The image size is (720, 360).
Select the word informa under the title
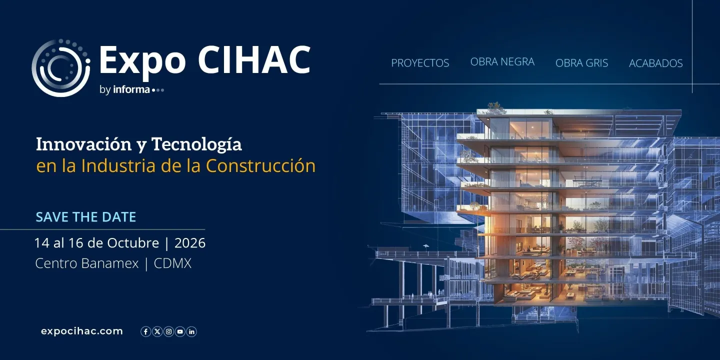[131, 90]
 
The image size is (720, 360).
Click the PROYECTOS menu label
[420, 63]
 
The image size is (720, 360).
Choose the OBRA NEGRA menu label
[502, 62]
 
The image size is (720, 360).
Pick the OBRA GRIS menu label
[581, 63]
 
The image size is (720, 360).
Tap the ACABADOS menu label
[655, 63]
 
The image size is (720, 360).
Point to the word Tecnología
[196, 144]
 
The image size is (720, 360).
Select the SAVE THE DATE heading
[85, 217]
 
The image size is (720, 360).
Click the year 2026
[190, 243]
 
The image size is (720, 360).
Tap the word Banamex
[108, 263]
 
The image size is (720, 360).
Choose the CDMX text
[172, 263]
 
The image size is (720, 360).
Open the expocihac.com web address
[82, 331]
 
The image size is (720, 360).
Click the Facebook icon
[145, 331]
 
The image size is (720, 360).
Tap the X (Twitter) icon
[157, 331]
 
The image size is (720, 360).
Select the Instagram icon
[168, 331]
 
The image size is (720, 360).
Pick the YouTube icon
[180, 331]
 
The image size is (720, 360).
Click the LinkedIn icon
[191, 331]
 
